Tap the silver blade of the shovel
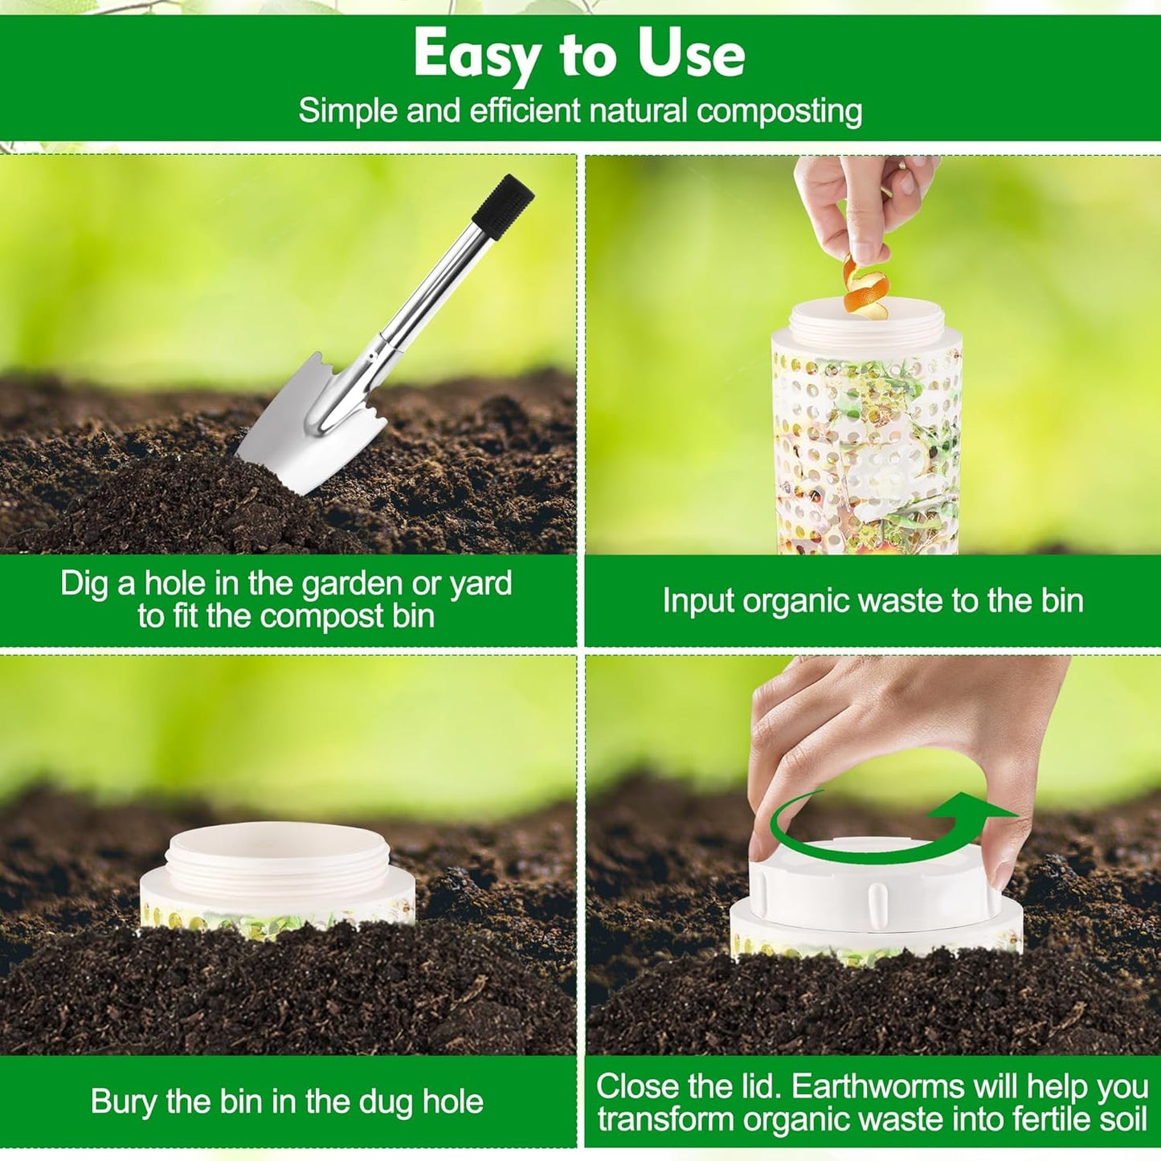click(x=309, y=430)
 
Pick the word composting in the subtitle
click(x=779, y=111)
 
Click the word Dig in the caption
click(x=84, y=584)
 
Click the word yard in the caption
click(x=480, y=584)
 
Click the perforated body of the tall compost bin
click(x=866, y=450)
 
